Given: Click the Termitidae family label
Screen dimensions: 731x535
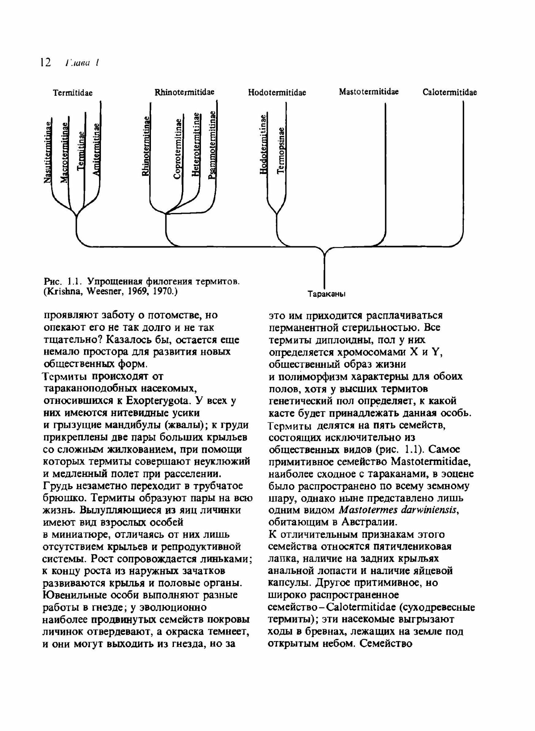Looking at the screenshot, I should pyautogui.click(x=73, y=93).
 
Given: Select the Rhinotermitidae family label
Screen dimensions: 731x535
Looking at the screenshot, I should pyautogui.click(x=185, y=92).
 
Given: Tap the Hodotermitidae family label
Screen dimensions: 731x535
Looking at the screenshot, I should pyautogui.click(x=277, y=92).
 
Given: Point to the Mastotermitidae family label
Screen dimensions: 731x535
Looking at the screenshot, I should pyautogui.click(x=369, y=92).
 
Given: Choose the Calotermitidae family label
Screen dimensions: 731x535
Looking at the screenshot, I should pyautogui.click(x=450, y=92).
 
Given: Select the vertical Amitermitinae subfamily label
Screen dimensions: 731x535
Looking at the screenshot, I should pyautogui.click(x=96, y=149).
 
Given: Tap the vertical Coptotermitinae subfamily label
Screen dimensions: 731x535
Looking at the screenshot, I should pyautogui.click(x=178, y=149).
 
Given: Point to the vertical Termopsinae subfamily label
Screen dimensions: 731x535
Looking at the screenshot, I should pyautogui.click(x=281, y=151).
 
